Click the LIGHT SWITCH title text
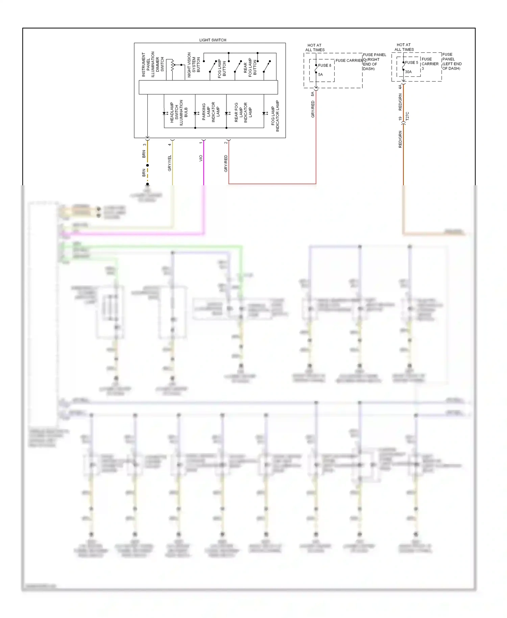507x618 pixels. tap(213, 40)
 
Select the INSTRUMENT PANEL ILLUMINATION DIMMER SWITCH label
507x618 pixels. tap(153, 64)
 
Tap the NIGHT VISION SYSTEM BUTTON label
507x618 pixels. tap(194, 65)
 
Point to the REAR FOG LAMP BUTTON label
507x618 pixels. tap(250, 67)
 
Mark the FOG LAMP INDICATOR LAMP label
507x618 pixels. tap(275, 116)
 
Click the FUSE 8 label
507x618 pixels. tap(324, 65)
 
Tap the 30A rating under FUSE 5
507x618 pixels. tap(408, 72)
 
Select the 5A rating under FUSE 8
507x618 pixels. tap(320, 74)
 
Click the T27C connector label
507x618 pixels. tap(407, 116)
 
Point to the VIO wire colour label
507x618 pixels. tap(201, 158)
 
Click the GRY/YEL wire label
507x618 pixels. tap(170, 163)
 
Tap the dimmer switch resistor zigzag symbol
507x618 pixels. tap(172, 65)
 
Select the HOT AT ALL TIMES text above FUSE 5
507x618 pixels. tap(404, 47)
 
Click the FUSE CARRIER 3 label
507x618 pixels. tap(430, 64)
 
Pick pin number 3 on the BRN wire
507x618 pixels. tap(144, 145)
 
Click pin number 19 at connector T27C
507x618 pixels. tap(400, 119)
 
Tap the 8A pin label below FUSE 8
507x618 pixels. tap(313, 94)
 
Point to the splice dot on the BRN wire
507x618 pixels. tap(147, 165)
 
